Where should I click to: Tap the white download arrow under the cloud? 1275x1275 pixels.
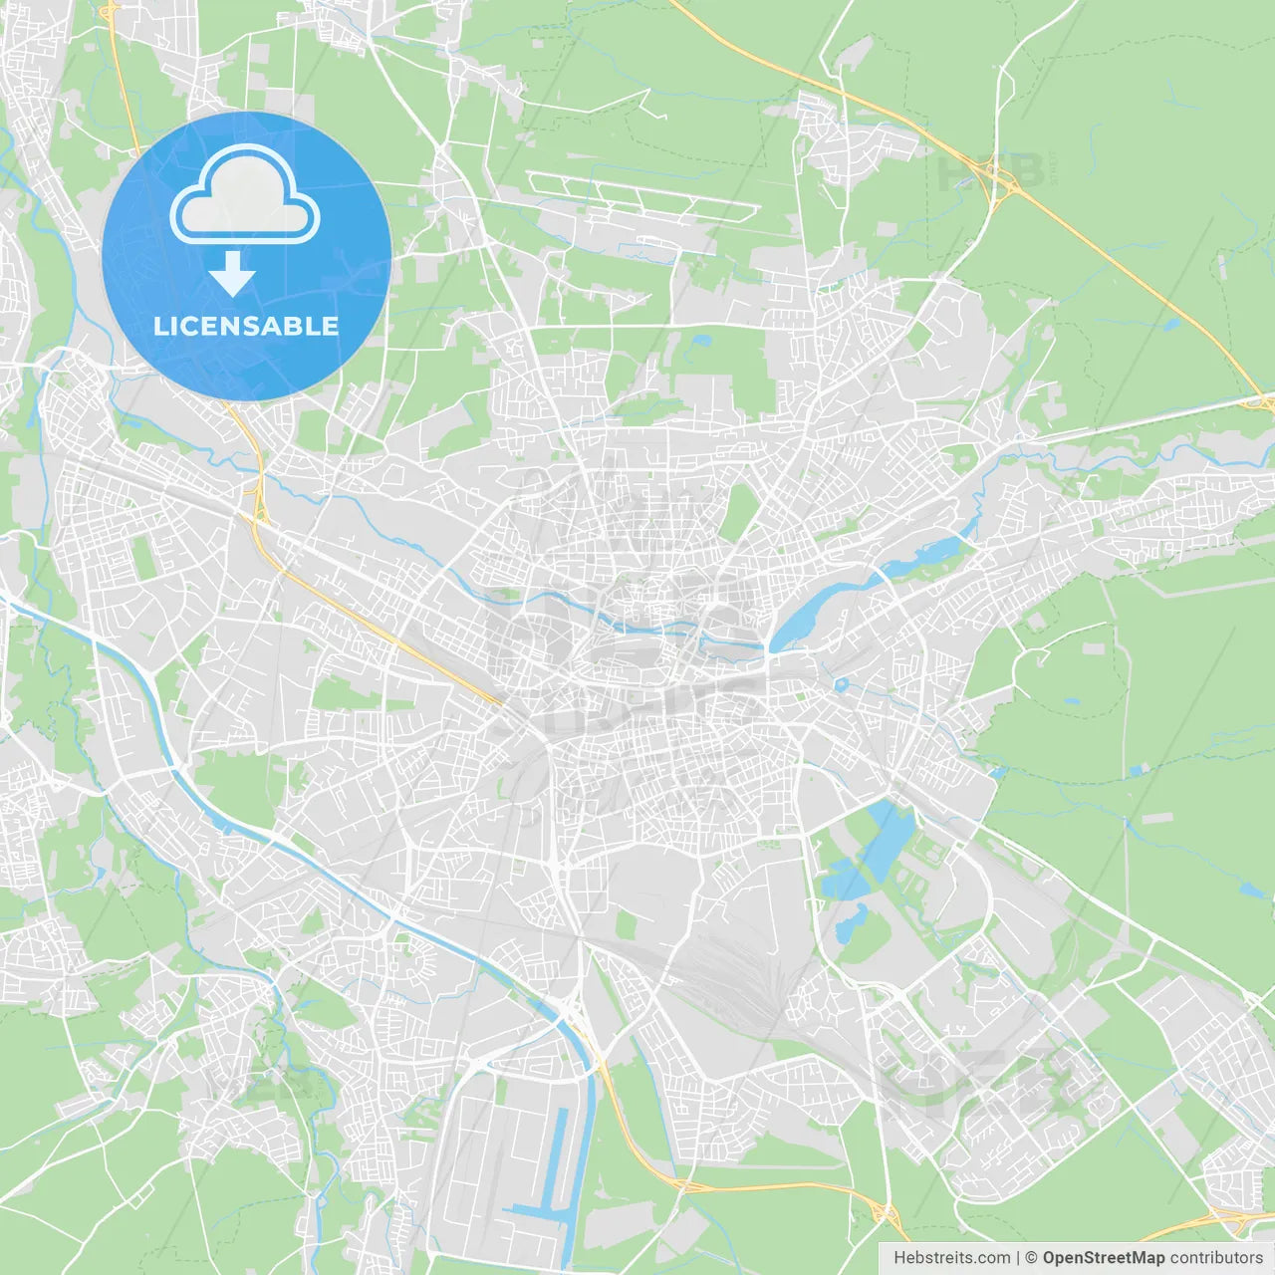click(x=233, y=274)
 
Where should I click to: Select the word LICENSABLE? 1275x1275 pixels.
click(x=245, y=326)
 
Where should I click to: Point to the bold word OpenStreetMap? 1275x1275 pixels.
click(x=1104, y=1258)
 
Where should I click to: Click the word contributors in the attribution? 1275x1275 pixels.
click(x=1216, y=1258)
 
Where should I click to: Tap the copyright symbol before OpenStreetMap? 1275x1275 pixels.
click(x=1032, y=1258)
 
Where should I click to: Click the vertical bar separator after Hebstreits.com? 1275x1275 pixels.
click(x=1018, y=1258)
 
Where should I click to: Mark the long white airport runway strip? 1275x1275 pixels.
click(x=642, y=195)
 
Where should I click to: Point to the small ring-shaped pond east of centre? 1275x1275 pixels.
click(x=842, y=685)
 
